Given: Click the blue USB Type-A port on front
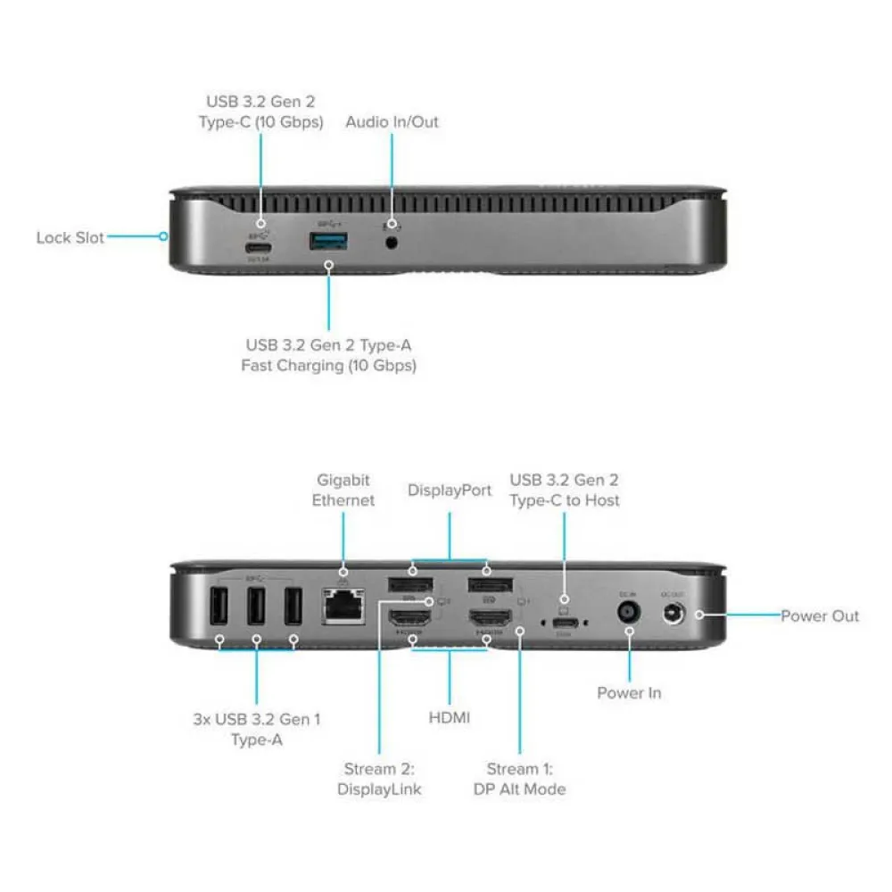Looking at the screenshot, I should pyautogui.click(x=327, y=241).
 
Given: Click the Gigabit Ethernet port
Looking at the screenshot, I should pyautogui.click(x=344, y=607).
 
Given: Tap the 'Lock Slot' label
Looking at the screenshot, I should pyautogui.click(x=70, y=238).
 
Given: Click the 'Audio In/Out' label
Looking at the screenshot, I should pyautogui.click(x=392, y=121).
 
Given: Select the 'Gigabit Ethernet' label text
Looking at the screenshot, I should pyautogui.click(x=343, y=490).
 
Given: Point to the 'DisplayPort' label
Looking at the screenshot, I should pyautogui.click(x=450, y=491).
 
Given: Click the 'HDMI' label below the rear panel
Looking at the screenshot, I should pyautogui.click(x=450, y=716).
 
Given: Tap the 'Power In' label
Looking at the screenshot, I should pyautogui.click(x=629, y=692).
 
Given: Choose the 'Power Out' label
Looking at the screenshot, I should pyautogui.click(x=820, y=615).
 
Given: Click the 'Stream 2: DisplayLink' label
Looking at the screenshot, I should pyautogui.click(x=379, y=778).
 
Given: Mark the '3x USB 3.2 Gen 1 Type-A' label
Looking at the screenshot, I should pyautogui.click(x=256, y=728).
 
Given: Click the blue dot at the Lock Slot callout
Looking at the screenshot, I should pyautogui.click(x=164, y=236).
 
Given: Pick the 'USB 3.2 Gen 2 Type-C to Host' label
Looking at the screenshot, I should pyautogui.click(x=564, y=490).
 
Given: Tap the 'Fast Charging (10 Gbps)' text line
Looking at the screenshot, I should pyautogui.click(x=328, y=365).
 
